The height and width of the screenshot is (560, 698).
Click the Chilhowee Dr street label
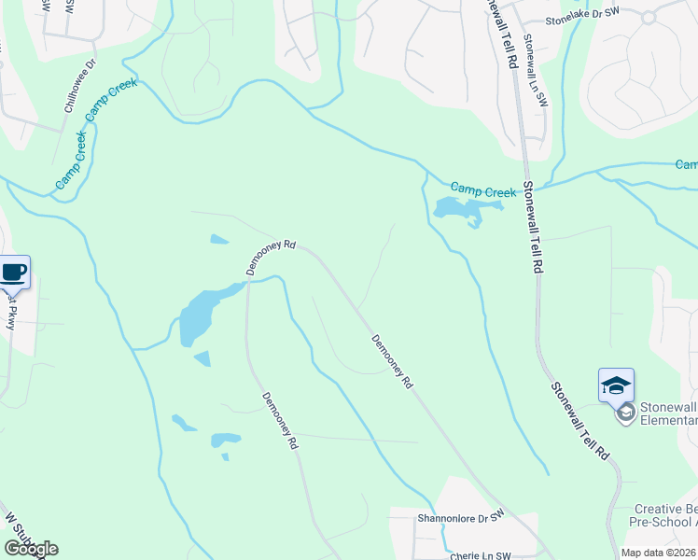coord(79,87)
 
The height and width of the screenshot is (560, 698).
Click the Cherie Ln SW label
coord(481,554)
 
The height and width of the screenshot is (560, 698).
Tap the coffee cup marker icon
coord(13,273)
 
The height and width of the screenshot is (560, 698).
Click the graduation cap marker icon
coord(616,385)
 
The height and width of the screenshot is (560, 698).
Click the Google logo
coord(31,549)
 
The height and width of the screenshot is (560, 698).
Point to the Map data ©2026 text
coord(659,553)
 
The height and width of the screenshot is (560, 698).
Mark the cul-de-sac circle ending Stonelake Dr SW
coord(649,16)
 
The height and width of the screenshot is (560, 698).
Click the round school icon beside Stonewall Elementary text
coord(625,412)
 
